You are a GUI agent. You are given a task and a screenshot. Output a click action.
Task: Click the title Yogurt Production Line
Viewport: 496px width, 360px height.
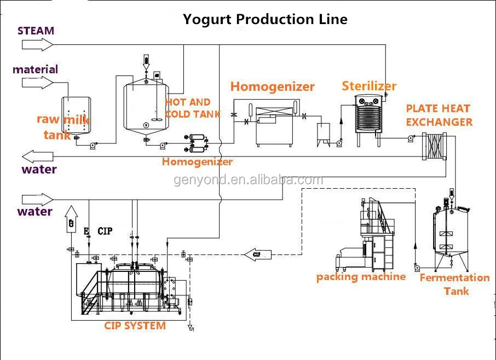click(265, 19)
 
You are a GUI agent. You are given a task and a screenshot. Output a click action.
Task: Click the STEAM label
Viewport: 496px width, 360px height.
click(36, 31)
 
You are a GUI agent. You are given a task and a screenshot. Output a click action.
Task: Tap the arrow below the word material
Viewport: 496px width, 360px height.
click(37, 83)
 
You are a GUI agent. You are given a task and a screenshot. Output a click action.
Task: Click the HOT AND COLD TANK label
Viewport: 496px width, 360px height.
click(192, 108)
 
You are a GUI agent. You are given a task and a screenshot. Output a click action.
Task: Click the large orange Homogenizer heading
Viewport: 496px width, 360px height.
click(272, 86)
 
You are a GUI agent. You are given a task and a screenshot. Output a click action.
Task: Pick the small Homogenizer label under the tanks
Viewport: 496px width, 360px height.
click(197, 161)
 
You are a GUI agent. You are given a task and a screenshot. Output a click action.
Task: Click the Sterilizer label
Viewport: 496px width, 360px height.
click(369, 86)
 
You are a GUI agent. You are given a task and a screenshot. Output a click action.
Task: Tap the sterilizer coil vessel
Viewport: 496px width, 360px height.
click(366, 116)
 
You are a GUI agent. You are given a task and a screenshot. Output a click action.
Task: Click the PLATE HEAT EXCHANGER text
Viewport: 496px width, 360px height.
click(439, 115)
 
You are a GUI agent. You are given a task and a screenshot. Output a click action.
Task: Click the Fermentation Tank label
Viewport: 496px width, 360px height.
click(454, 284)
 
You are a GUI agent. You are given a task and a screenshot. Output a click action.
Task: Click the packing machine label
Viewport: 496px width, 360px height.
click(361, 277)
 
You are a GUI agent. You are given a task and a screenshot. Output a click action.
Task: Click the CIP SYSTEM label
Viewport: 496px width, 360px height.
click(135, 326)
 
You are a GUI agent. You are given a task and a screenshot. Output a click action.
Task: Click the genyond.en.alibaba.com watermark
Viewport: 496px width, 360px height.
click(249, 180)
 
